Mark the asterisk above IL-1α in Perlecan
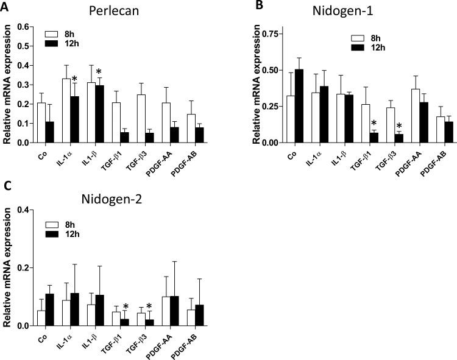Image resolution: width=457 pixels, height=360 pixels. coord(73,79)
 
